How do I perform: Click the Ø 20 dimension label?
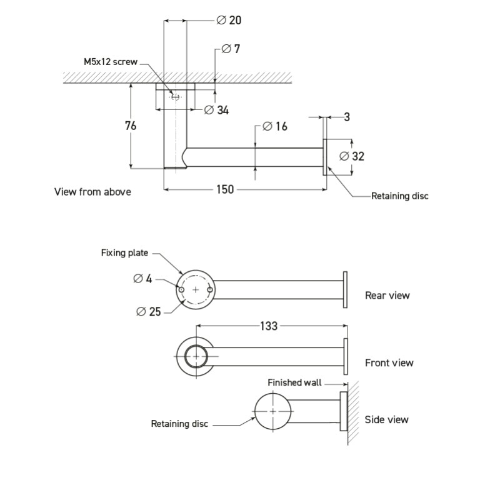click(x=229, y=20)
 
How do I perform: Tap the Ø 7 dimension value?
click(x=231, y=49)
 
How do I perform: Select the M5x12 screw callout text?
click(x=111, y=62)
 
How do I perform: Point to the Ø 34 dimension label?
click(x=217, y=110)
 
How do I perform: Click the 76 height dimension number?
click(x=130, y=126)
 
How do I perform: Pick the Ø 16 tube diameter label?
click(x=274, y=126)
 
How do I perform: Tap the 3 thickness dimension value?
click(x=347, y=117)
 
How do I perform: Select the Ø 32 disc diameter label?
click(x=351, y=156)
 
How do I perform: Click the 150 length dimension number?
click(x=225, y=189)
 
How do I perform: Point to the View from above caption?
click(x=92, y=192)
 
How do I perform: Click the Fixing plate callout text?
click(x=124, y=253)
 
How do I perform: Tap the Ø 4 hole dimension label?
click(x=142, y=279)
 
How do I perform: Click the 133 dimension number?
click(x=269, y=326)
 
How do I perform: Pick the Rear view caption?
click(x=387, y=295)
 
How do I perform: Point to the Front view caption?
click(x=389, y=362)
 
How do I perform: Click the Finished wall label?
click(x=294, y=382)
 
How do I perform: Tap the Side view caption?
click(x=387, y=419)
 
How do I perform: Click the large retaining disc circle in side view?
click(x=272, y=411)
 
